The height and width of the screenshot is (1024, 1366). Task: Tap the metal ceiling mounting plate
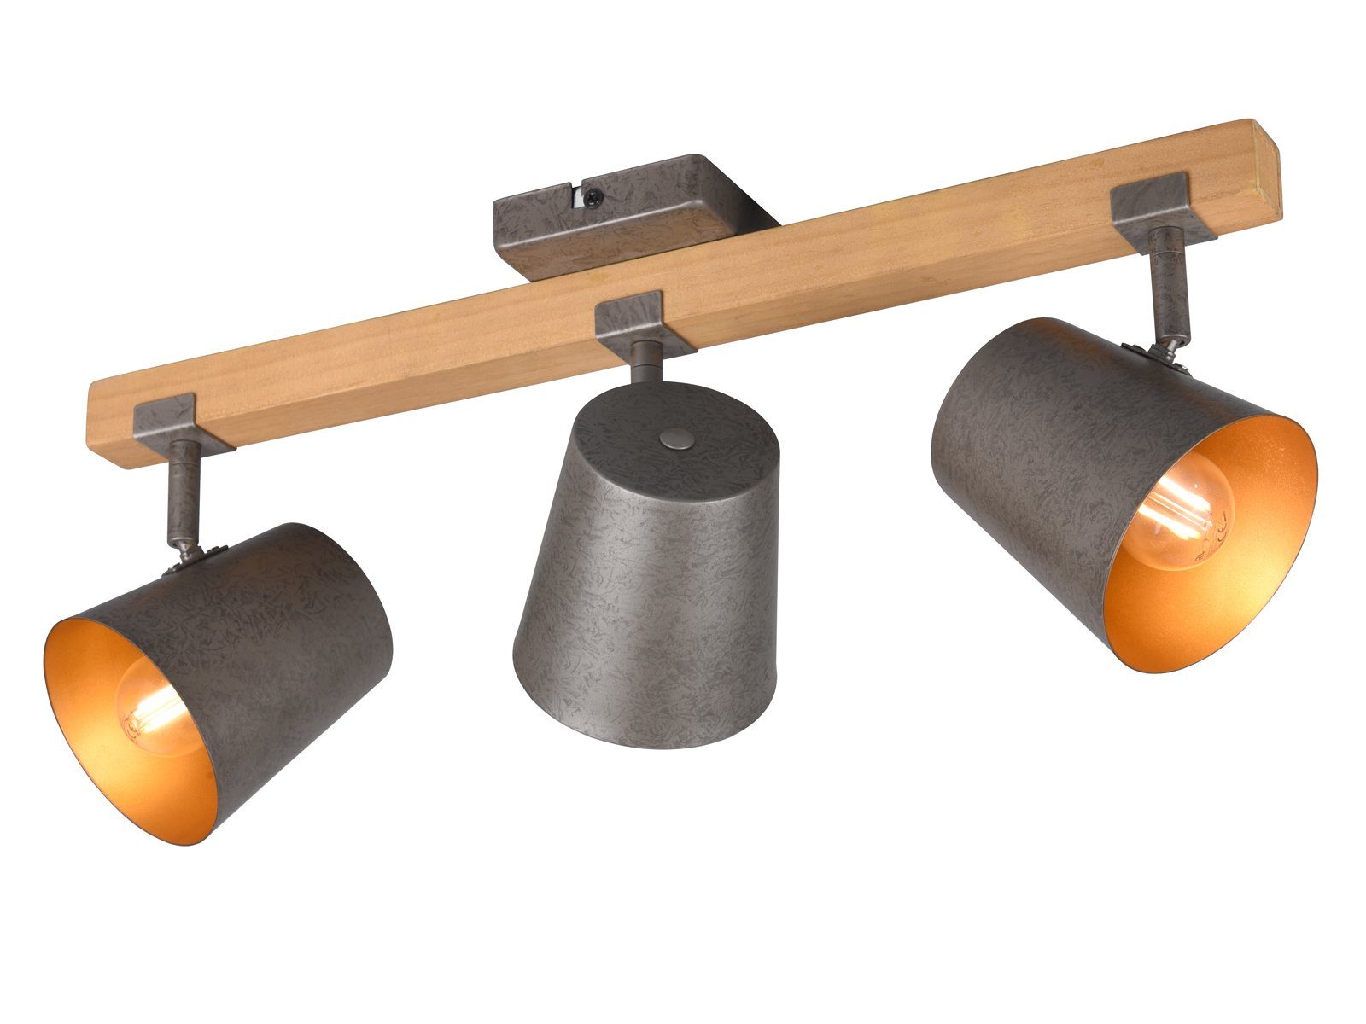coord(632,213)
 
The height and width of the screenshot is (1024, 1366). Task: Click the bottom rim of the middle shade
coord(649,734)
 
